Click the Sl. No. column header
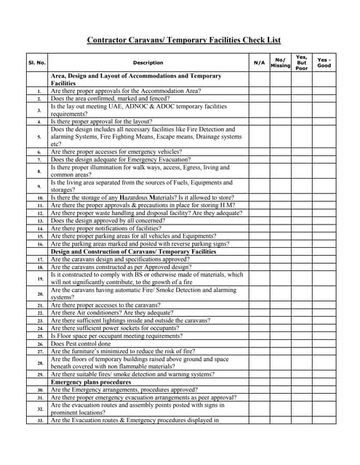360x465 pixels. (37, 62)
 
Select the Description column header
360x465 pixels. (148, 62)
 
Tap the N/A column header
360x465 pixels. (259, 62)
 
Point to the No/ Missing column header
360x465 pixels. (280, 62)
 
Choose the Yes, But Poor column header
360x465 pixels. (302, 62)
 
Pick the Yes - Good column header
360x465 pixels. (324, 62)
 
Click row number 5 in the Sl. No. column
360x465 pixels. (39, 137)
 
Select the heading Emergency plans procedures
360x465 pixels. (91, 381)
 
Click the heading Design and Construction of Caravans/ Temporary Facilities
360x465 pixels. (133, 251)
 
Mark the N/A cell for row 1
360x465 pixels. (259, 91)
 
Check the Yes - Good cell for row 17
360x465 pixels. (324, 259)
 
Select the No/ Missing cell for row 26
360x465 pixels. (280, 344)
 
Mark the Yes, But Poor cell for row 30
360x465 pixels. (302, 389)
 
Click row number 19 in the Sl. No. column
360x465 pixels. (39, 278)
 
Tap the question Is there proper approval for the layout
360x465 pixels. (111, 121)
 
